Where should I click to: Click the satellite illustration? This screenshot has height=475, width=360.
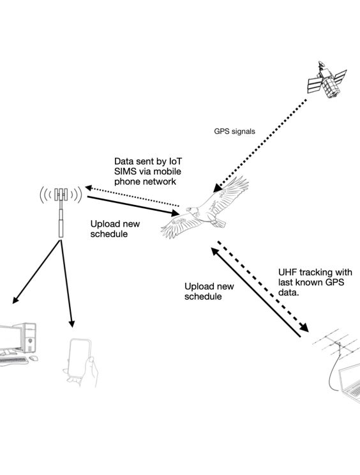[327, 80]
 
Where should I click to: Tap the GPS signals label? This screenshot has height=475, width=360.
[234, 132]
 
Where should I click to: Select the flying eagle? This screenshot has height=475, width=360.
[205, 208]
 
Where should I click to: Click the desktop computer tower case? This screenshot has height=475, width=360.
[28, 338]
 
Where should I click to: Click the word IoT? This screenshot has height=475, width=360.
[175, 161]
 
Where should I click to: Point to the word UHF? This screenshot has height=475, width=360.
[288, 273]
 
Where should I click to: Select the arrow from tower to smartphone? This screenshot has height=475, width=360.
[66, 284]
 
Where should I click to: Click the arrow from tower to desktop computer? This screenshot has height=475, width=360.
[35, 272]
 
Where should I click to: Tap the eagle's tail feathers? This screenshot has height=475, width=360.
[218, 223]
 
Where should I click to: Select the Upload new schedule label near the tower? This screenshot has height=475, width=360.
[115, 229]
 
